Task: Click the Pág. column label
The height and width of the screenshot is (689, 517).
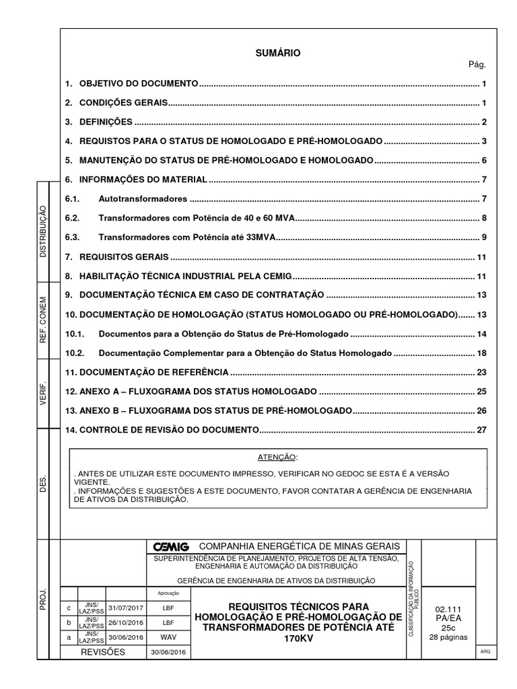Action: (x=477, y=65)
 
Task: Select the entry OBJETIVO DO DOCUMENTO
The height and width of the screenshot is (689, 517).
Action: (x=139, y=83)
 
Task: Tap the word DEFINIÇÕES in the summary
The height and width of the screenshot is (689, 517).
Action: (x=106, y=122)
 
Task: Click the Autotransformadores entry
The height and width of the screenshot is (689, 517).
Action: (x=142, y=200)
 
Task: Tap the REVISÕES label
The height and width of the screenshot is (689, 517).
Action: (x=103, y=652)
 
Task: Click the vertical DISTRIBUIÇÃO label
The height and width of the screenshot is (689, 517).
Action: (x=43, y=231)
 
